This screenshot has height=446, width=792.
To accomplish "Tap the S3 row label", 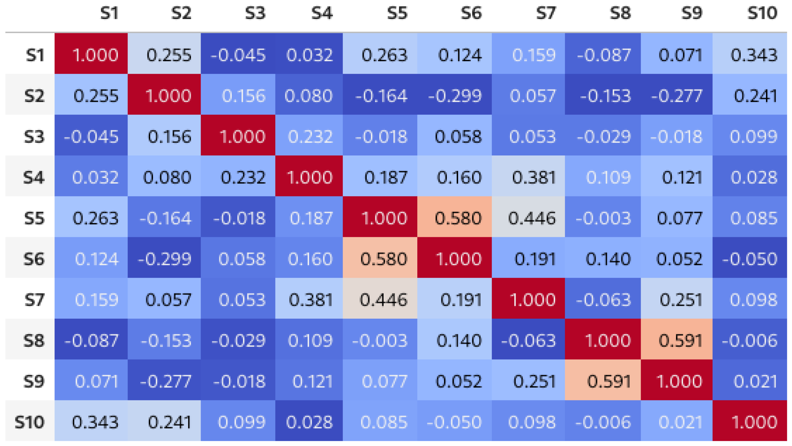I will (34, 136).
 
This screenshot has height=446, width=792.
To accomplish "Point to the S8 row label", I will (34, 341).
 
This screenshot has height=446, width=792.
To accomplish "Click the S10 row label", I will (30, 422).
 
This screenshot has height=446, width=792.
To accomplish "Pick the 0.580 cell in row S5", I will (454, 218).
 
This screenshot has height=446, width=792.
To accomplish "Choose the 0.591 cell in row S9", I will (603, 381).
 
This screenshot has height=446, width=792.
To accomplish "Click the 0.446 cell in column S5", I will (380, 300).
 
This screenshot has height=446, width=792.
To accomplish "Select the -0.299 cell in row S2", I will (454, 96).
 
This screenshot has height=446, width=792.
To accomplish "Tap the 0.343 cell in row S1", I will (750, 55).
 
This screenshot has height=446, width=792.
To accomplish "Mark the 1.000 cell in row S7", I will (528, 300).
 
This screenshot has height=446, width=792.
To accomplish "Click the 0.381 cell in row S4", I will (528, 177).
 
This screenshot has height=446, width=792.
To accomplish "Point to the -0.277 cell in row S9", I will (164, 381).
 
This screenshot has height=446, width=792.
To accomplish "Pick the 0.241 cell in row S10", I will (164, 422).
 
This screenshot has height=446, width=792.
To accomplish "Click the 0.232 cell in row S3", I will (309, 136).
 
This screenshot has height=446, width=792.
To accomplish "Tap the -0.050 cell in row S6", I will (750, 259).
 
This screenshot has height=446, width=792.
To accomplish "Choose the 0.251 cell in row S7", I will (676, 300).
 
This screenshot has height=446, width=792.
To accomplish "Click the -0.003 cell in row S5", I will (603, 218).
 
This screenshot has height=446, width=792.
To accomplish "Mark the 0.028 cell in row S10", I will (309, 422).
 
